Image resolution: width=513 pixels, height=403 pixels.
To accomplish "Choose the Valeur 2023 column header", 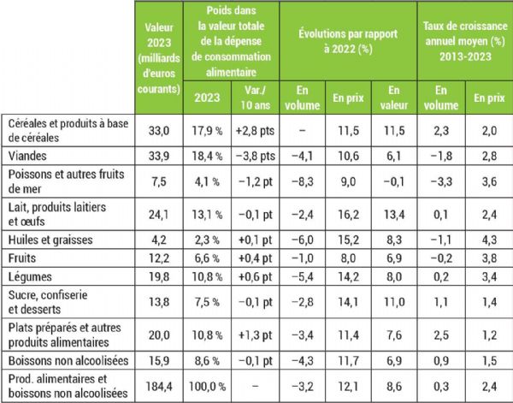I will [160, 57].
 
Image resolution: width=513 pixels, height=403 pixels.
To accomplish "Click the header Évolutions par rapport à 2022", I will [347, 41].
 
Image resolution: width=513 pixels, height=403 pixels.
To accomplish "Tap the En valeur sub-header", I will [392, 94].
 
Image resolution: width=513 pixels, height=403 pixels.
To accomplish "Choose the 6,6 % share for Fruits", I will [206, 257].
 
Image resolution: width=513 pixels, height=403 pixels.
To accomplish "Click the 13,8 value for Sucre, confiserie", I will [160, 299].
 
